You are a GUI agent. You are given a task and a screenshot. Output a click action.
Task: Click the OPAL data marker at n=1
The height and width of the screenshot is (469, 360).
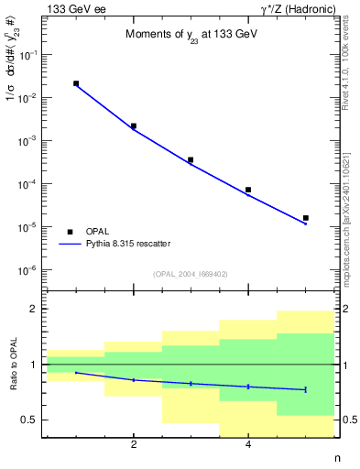pos(76,83)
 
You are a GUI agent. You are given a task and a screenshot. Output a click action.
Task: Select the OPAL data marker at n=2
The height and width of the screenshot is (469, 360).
pos(134,126)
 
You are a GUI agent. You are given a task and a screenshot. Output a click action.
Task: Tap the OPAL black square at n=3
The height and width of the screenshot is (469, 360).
pos(191,159)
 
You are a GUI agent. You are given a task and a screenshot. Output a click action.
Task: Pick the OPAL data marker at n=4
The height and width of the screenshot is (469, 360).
pos(248,190)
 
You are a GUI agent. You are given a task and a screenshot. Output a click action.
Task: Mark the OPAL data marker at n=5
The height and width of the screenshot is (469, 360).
pos(305,218)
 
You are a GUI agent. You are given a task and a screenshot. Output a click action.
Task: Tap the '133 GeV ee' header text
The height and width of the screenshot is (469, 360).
pos(71,8)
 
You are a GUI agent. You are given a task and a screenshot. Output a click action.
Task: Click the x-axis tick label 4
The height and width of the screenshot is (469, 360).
pos(248,445)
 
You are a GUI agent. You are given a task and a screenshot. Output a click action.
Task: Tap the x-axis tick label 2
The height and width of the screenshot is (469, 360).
pos(134,445)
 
